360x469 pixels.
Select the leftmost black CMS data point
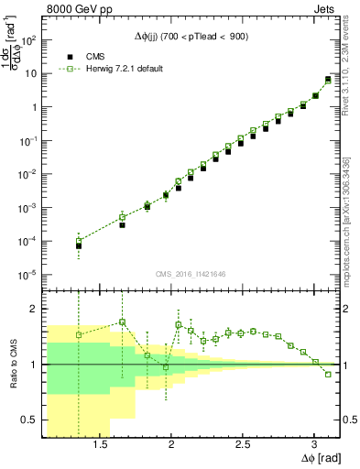(x=79, y=246)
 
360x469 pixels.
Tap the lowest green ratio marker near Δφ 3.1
(x=328, y=374)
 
